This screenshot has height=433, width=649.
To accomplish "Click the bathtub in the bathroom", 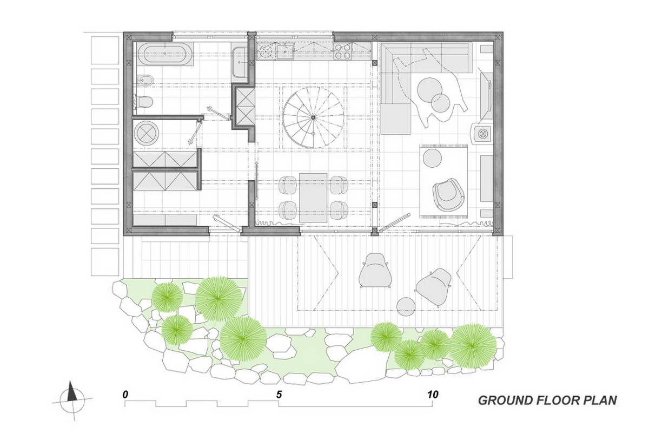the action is click(x=164, y=54).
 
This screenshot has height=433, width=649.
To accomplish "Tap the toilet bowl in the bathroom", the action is click(x=143, y=102).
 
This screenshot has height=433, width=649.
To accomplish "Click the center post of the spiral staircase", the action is click(x=313, y=117).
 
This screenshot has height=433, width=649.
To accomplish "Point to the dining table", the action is click(x=314, y=198).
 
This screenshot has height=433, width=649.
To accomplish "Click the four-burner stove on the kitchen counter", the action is click(x=343, y=51).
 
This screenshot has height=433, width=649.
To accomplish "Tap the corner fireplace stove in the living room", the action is click(x=482, y=133).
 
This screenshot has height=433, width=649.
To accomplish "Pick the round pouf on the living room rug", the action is click(x=432, y=158).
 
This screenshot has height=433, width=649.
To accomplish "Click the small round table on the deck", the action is click(x=406, y=307).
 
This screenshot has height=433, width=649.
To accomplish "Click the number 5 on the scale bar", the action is click(x=279, y=395).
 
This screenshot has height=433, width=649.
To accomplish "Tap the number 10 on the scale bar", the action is click(x=432, y=395).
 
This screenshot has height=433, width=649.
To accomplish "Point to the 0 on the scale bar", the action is click(x=125, y=395).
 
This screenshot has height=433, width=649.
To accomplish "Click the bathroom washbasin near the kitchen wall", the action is click(x=239, y=62).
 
